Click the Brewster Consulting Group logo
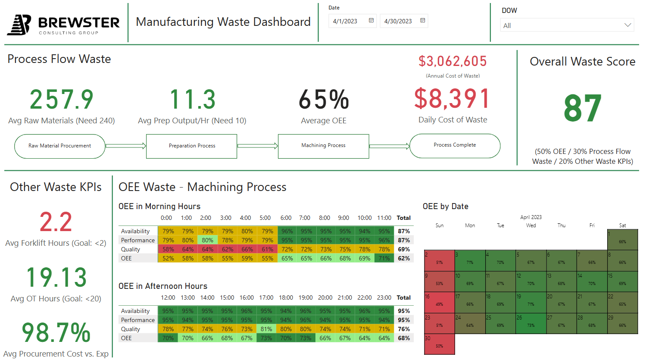pos(63,25)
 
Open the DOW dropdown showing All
pos(567,25)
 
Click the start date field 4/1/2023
pos(352,21)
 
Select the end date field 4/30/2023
pos(403,21)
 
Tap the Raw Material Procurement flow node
pos(60,146)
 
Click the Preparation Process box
pos(192,146)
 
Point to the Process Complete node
pos(455,146)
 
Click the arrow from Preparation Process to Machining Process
pos(258,146)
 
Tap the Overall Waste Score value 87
pos(582,109)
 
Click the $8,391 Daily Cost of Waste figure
pos(452,99)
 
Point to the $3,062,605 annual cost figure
pos(453,62)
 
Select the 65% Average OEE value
pos(324,100)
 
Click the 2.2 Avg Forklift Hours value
pos(56,222)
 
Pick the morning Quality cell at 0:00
pos(168,249)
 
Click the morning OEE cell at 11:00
pos(384,258)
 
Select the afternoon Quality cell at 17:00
pos(266,329)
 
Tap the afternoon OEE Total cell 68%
pos(404,338)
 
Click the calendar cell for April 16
pos(439,303)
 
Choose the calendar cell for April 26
pos(531,323)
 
